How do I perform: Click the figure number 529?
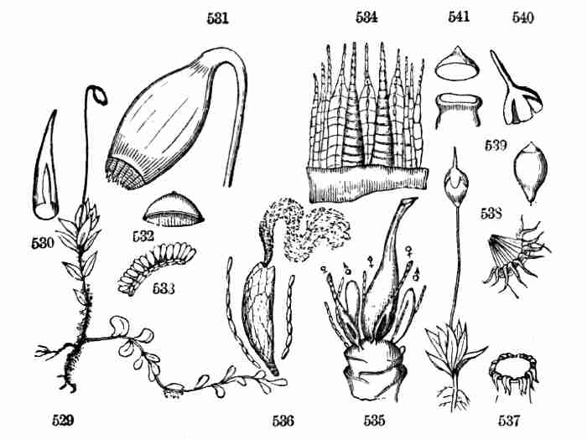click(x=63, y=421)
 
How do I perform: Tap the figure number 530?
click(x=43, y=244)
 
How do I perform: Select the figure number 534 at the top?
click(x=366, y=18)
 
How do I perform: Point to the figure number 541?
click(x=459, y=17)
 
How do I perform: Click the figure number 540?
click(x=523, y=18)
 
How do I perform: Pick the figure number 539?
click(x=496, y=145)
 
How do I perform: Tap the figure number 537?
click(x=509, y=421)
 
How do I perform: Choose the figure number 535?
click(x=374, y=421)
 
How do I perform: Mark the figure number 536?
click(x=283, y=421)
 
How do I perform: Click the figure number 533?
click(x=164, y=288)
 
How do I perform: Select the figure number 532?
click(x=143, y=236)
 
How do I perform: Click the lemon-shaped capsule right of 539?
click(x=531, y=172)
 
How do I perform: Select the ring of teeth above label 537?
click(x=513, y=372)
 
